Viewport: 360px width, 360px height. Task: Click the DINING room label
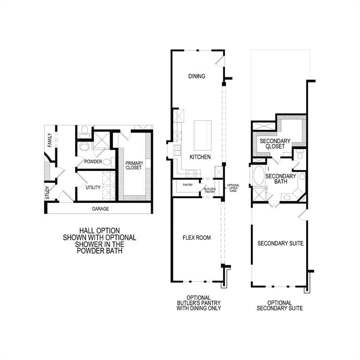click(x=197, y=76)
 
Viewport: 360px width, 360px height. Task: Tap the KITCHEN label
click(x=200, y=157)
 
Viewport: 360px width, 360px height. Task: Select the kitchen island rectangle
click(x=202, y=135)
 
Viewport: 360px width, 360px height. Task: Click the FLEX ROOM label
click(x=196, y=238)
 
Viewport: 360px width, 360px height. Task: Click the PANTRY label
click(x=188, y=185)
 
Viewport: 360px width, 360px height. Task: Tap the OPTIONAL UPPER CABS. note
click(x=233, y=188)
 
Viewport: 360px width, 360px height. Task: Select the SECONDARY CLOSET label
click(x=275, y=143)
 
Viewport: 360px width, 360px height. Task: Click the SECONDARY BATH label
click(x=281, y=179)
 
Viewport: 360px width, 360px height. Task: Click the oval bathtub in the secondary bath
click(x=258, y=177)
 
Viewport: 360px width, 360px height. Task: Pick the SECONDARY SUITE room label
click(x=281, y=243)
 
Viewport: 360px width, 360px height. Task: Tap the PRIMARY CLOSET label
click(x=134, y=165)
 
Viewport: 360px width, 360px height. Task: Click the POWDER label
click(x=93, y=162)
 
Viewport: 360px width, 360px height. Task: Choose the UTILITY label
click(x=93, y=187)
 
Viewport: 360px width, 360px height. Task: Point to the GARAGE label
click(x=100, y=209)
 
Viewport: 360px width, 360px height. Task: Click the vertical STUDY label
click(x=47, y=194)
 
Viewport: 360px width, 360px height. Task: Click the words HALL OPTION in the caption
click(x=99, y=231)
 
